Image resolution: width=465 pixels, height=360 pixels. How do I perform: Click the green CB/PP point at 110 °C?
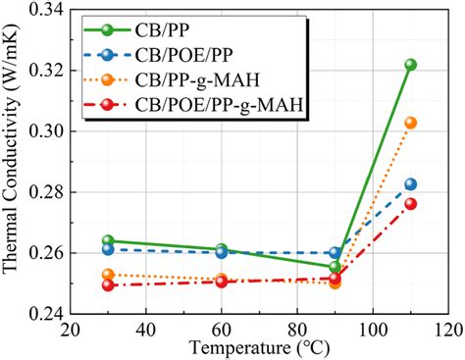[410, 65]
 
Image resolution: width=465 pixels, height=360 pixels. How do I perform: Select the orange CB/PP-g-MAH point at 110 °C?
[410, 123]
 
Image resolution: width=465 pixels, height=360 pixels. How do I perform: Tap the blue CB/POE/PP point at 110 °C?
[410, 184]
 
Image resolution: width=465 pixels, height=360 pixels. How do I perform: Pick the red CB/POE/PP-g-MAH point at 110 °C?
[410, 204]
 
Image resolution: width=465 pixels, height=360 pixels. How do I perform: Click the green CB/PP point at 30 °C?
[108, 240]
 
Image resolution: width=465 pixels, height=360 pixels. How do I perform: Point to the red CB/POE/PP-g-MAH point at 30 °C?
[108, 284]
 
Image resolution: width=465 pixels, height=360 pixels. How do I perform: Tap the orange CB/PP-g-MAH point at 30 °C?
[108, 275]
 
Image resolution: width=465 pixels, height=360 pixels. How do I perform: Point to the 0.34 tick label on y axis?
[41, 10]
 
